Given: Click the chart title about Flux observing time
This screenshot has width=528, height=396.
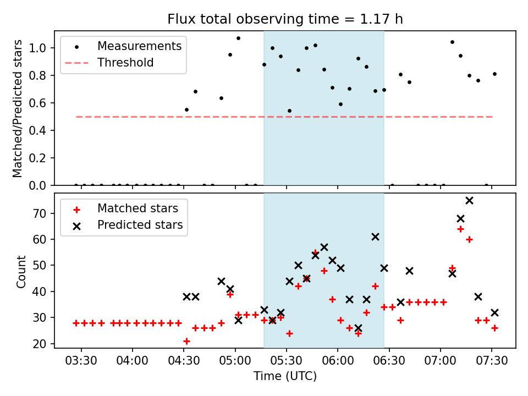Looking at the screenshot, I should click(x=285, y=20).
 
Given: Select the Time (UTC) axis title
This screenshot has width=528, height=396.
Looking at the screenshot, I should click(x=285, y=377).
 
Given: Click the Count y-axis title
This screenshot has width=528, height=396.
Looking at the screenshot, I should click(x=21, y=271).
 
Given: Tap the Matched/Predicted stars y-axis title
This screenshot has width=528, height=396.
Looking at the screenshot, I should click(x=18, y=108).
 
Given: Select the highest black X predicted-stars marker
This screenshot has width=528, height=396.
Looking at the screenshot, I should click(x=469, y=200).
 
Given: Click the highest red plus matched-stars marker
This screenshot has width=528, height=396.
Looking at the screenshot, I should click(x=460, y=229).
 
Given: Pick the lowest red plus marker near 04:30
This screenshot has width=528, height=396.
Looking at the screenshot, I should click(x=186, y=341).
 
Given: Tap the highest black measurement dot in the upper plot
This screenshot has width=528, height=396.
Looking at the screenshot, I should click(x=238, y=38).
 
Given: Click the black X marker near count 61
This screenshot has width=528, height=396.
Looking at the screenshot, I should click(x=375, y=237).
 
